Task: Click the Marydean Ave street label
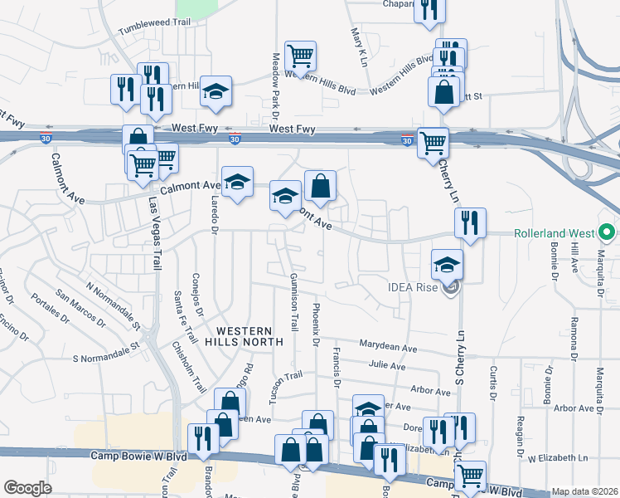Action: tap(388, 344)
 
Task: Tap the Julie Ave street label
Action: tap(388, 365)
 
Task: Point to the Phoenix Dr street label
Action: tap(316, 325)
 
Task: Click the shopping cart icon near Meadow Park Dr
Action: tap(300, 56)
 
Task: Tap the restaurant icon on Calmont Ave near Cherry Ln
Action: tap(470, 222)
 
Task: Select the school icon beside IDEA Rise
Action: tap(447, 264)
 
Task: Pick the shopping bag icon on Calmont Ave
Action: tap(320, 185)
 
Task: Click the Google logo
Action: tap(27, 488)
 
